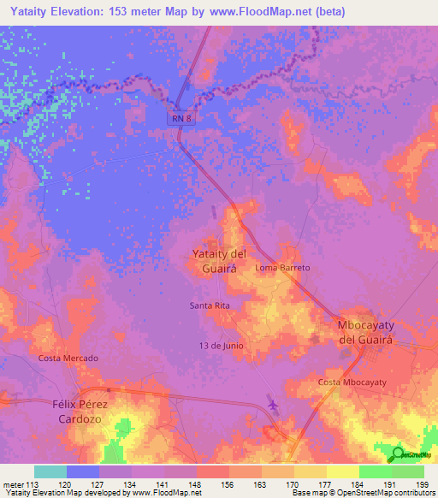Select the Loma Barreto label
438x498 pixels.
point(283,268)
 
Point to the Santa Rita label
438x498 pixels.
point(209,305)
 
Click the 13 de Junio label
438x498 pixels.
point(222,345)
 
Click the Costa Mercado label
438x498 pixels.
point(68,358)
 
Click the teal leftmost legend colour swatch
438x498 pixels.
point(50,471)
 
